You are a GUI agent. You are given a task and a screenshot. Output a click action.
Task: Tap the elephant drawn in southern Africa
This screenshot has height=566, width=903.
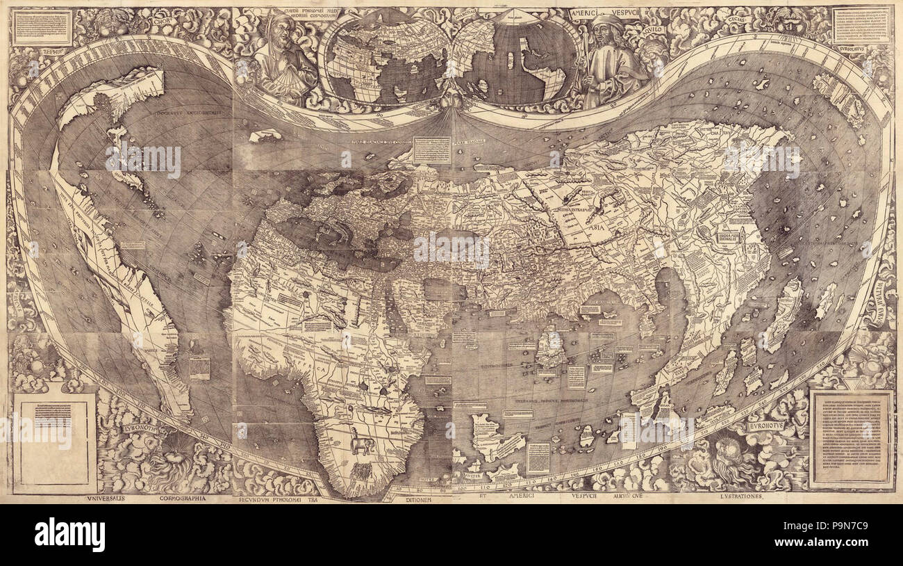click(x=361, y=443)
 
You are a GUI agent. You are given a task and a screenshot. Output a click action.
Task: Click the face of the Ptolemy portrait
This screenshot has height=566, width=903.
click(x=282, y=29)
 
